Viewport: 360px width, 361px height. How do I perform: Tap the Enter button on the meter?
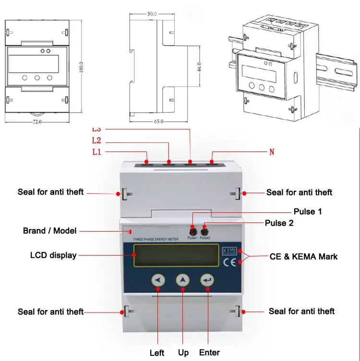[x=208, y=280]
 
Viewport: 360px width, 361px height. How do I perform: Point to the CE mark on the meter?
[x=229, y=262]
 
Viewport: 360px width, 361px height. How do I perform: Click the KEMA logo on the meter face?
[x=229, y=250]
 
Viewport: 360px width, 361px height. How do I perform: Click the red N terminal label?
[x=271, y=152]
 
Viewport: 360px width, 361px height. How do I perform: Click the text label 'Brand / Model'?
[x=49, y=231]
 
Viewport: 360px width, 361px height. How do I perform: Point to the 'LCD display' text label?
[x=53, y=256]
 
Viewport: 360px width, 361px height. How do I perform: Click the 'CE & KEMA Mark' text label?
[x=303, y=256]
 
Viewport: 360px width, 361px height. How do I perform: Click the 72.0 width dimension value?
[x=37, y=122]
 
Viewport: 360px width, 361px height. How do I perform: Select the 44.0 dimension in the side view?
[x=198, y=68]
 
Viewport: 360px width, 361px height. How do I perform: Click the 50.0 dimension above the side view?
[x=152, y=14]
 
